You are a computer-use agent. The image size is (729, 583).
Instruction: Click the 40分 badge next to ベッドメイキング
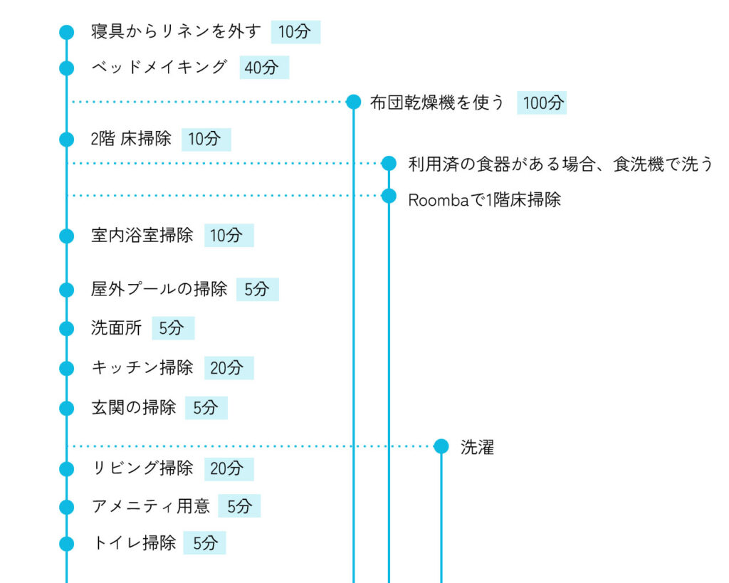pos(264,68)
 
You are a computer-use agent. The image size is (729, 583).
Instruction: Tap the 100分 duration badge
pos(542,103)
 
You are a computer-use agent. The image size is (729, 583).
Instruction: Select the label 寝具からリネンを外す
pos(176,31)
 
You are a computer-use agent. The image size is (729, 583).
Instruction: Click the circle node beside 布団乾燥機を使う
pos(354,101)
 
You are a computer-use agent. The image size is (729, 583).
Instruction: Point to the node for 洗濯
pos(441,446)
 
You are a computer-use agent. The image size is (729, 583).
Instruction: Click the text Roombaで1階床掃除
pos(484,200)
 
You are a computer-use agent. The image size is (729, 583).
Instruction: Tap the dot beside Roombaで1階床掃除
pos(389,196)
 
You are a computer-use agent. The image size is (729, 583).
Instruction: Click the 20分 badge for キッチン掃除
pos(229,368)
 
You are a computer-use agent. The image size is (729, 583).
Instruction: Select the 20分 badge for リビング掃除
pos(229,468)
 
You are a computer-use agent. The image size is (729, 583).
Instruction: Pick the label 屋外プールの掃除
pos(159,289)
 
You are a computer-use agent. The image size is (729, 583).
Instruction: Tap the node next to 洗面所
pos(67,329)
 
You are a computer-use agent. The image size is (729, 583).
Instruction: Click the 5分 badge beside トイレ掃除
pos(204,542)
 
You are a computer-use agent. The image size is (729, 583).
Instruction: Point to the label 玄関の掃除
pos(134,408)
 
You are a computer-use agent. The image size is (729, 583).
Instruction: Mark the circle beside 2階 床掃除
pos(67,139)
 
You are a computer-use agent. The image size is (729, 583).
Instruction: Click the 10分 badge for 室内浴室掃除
pos(229,235)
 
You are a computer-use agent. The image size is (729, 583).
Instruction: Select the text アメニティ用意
pos(151,506)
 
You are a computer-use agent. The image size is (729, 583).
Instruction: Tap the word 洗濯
pos(478,447)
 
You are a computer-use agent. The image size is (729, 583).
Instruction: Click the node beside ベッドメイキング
pos(67,68)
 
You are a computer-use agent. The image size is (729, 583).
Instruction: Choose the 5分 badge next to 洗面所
pos(173,328)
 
